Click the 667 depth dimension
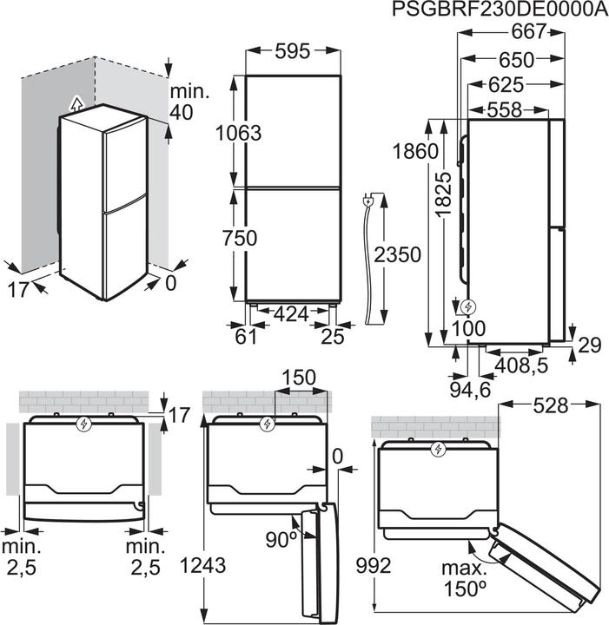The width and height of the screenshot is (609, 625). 528,32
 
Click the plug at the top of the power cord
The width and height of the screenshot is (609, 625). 371,201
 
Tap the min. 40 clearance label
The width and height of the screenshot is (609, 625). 185,102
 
